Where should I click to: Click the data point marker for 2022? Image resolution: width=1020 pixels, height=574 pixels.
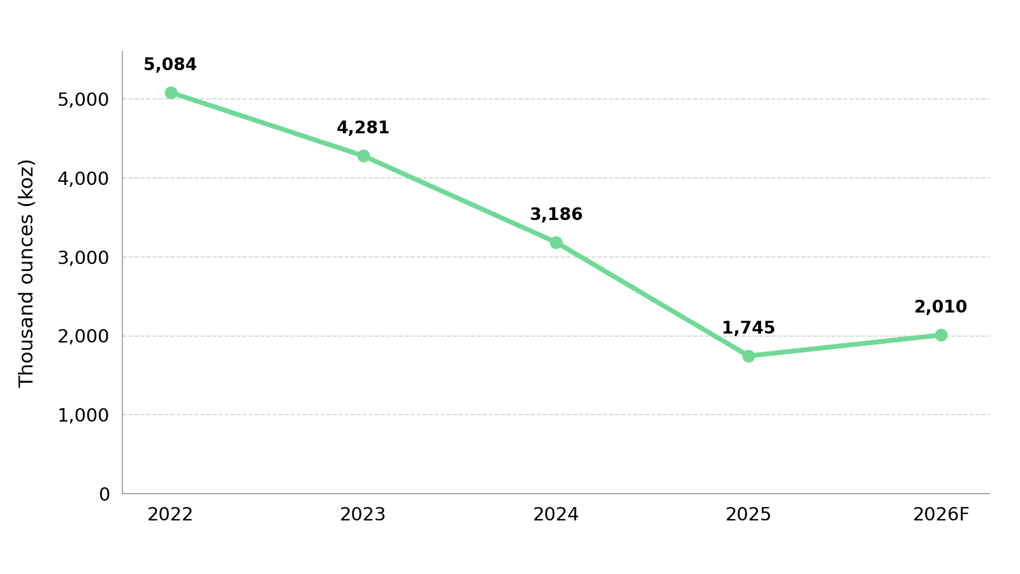pyautogui.click(x=171, y=93)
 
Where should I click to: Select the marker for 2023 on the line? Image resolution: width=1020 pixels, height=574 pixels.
pyautogui.click(x=363, y=156)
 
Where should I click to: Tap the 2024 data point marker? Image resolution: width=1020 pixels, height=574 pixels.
pyautogui.click(x=556, y=243)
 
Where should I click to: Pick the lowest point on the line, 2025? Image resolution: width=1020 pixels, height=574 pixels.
pyautogui.click(x=748, y=357)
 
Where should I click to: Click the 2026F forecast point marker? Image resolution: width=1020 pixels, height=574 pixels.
pyautogui.click(x=941, y=335)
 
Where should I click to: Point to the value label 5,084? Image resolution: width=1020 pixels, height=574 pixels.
pyautogui.click(x=170, y=64)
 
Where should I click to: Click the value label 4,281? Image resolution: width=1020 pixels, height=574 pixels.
pyautogui.click(x=363, y=128)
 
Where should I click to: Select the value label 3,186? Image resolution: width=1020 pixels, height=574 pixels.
pyautogui.click(x=556, y=214)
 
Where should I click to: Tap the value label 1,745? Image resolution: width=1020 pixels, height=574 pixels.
pyautogui.click(x=748, y=328)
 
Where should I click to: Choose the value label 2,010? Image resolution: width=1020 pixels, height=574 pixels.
pyautogui.click(x=941, y=307)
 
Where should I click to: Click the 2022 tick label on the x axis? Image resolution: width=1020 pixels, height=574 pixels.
pyautogui.click(x=170, y=515)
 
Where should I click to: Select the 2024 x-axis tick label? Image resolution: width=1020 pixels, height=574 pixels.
pyautogui.click(x=556, y=515)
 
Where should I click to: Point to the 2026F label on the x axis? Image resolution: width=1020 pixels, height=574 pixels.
pyautogui.click(x=941, y=515)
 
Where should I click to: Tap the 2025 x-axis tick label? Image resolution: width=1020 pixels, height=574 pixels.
pyautogui.click(x=748, y=515)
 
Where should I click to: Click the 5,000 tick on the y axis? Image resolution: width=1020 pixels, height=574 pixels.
pyautogui.click(x=84, y=99)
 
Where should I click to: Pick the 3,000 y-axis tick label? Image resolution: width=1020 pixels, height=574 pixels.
pyautogui.click(x=84, y=258)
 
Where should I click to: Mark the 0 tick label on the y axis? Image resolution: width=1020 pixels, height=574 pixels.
pyautogui.click(x=105, y=494)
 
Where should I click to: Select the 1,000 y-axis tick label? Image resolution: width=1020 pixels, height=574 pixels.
pyautogui.click(x=84, y=415)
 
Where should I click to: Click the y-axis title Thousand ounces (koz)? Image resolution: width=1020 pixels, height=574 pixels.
pyautogui.click(x=26, y=274)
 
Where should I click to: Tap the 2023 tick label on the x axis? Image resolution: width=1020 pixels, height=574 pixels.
pyautogui.click(x=363, y=515)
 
